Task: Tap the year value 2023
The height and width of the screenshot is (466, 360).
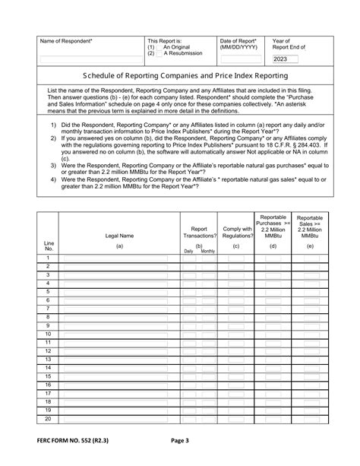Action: point(280,59)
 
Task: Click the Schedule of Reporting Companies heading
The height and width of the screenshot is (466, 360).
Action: point(179,76)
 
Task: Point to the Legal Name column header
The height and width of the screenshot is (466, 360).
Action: point(119,236)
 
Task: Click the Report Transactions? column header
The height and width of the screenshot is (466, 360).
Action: point(199,232)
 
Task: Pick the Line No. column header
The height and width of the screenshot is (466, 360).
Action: point(49,246)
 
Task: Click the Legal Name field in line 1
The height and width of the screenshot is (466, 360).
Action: point(119,259)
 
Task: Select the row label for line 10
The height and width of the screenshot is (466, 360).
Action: point(49,334)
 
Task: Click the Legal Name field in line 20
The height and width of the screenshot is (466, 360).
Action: point(119,420)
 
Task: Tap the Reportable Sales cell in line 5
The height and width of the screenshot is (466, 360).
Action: point(311,291)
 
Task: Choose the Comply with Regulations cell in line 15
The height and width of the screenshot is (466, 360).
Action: point(236,377)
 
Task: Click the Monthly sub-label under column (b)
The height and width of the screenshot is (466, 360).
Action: point(207,251)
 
